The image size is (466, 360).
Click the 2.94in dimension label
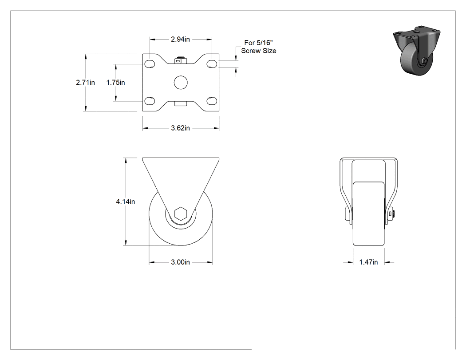tap(180, 39)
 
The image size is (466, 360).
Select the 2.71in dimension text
tap(85, 83)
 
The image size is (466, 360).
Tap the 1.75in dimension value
tap(115, 83)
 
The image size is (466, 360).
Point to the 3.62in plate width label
tap(180, 128)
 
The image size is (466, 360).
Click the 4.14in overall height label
tap(126, 202)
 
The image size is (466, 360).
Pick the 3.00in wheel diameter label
tap(180, 262)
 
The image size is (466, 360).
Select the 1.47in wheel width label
tap(368, 262)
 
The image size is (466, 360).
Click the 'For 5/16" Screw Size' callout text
tap(259, 47)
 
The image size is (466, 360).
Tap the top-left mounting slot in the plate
tap(150, 64)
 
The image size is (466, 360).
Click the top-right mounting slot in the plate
tap(212, 64)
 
